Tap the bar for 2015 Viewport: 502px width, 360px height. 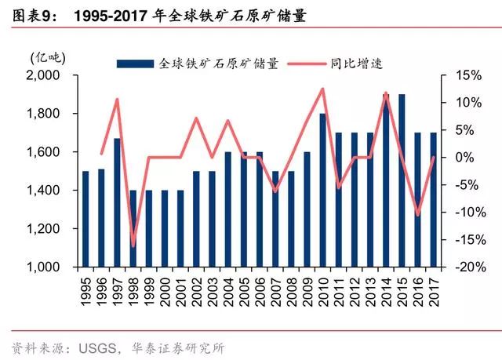tap(402, 180)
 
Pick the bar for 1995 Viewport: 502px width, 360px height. tap(85, 219)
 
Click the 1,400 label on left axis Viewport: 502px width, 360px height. tap(49, 191)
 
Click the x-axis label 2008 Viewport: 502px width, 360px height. tap(291, 289)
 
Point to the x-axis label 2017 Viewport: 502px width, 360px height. tap(433, 289)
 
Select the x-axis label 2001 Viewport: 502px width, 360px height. tap(180, 289)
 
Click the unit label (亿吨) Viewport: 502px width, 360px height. tap(49, 57)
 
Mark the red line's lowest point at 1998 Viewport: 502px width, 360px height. tap(133, 245)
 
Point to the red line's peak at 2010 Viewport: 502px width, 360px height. tap(322, 89)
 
